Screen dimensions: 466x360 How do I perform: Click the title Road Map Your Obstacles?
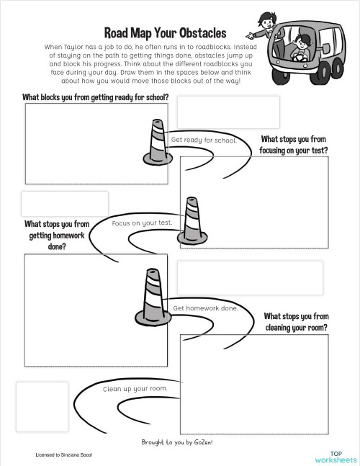click(x=165, y=33)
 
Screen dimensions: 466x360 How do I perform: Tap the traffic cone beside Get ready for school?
click(x=157, y=141)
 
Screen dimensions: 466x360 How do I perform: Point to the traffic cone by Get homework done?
click(x=152, y=297)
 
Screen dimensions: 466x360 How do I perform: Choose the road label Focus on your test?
click(x=143, y=223)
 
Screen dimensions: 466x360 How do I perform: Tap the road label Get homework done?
click(x=205, y=308)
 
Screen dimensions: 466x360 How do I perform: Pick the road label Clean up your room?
click(x=135, y=389)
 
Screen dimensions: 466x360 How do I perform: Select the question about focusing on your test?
click(x=294, y=145)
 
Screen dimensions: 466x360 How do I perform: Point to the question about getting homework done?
click(x=57, y=236)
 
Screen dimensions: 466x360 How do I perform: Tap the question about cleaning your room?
click(x=296, y=321)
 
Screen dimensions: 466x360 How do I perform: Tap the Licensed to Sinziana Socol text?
click(x=64, y=455)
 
